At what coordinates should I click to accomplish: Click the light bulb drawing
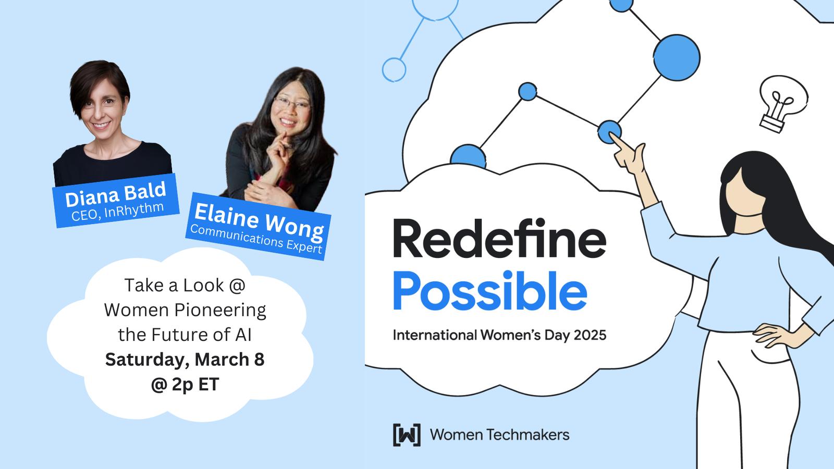click(x=782, y=104)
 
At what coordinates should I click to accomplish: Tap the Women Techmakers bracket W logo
click(x=407, y=435)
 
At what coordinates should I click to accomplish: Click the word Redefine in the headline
click(x=500, y=239)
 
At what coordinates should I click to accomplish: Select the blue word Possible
click(x=490, y=291)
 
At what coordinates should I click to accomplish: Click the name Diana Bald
click(x=115, y=194)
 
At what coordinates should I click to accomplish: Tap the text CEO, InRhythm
click(x=118, y=212)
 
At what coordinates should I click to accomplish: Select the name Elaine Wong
click(x=259, y=222)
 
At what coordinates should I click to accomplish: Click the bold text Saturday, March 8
click(x=185, y=360)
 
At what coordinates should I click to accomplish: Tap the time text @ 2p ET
click(x=185, y=385)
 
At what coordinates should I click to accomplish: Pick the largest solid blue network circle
click(x=677, y=58)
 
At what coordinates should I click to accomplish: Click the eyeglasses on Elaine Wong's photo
click(x=291, y=102)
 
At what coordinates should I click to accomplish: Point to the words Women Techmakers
click(x=500, y=435)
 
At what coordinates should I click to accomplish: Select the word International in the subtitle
click(x=435, y=335)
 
